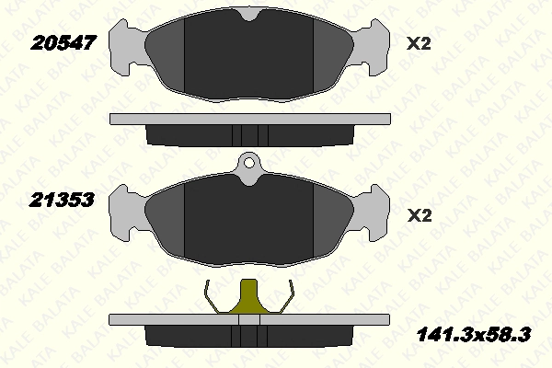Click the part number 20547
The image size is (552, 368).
pos(63,43)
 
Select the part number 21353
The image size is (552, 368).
pos(62,200)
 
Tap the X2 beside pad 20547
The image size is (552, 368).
pos(419,43)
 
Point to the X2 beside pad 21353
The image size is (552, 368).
pos(420,215)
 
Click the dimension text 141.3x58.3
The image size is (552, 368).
pos(474,335)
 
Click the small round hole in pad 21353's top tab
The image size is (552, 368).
pos(249,163)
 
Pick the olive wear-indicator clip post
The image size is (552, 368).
pos(249,296)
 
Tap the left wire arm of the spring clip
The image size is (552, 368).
pos(213,298)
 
